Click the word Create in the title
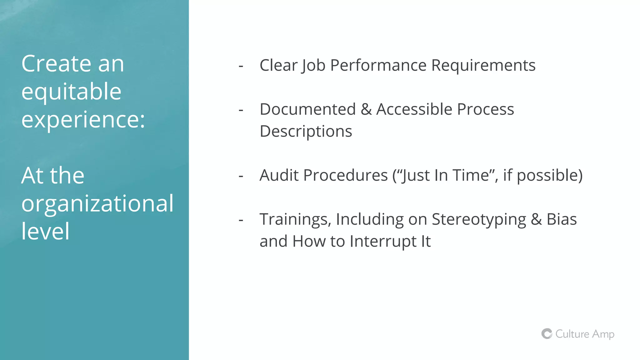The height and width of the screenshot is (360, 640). [56, 64]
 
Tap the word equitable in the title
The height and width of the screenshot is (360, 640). [71, 92]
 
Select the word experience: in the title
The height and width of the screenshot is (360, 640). [83, 120]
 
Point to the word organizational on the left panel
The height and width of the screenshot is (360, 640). [97, 203]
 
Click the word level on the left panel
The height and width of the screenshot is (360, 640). [46, 231]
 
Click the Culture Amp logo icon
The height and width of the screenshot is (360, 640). [547, 334]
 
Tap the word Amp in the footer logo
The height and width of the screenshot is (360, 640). [603, 334]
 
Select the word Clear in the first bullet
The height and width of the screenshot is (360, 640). [279, 65]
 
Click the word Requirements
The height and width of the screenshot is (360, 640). [483, 65]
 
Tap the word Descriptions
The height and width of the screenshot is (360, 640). [306, 132]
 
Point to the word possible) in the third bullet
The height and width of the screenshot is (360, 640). [549, 176]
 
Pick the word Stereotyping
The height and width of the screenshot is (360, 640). [479, 220]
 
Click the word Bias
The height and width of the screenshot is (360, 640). [562, 219]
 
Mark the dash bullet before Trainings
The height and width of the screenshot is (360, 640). [241, 220]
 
